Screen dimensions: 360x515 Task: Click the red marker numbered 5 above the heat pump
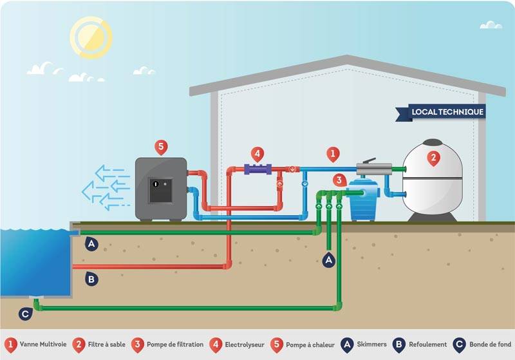(x=161, y=147)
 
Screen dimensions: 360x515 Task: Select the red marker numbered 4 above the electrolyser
(x=257, y=154)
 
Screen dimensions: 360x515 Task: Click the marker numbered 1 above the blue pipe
(x=332, y=154)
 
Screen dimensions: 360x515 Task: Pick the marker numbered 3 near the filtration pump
(x=339, y=181)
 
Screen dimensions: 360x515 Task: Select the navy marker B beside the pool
(x=91, y=278)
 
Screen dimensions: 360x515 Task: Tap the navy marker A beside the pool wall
(x=91, y=243)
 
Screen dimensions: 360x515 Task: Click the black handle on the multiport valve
(x=369, y=162)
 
